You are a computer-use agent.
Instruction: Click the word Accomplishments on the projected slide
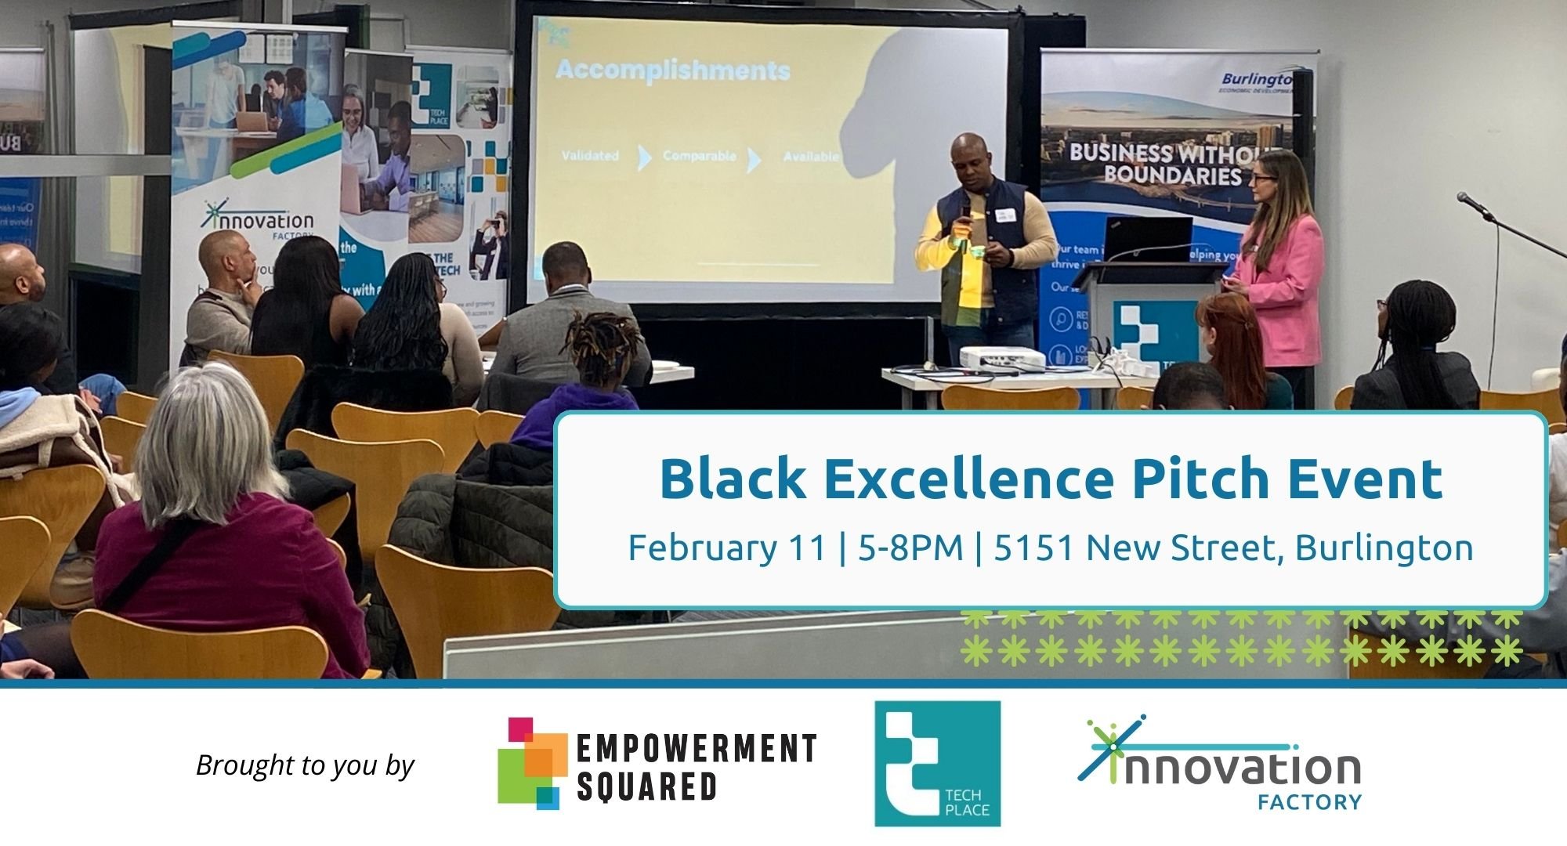[672, 71]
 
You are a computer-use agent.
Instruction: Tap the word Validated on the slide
[589, 156]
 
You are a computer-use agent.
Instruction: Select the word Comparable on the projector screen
[699, 156]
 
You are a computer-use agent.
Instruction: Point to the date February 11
[726, 548]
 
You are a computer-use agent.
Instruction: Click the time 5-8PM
[910, 548]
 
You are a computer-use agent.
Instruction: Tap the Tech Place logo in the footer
[938, 763]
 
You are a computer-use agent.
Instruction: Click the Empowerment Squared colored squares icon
[531, 762]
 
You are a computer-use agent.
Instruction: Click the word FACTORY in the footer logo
[1309, 802]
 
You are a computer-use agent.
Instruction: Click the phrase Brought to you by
[305, 765]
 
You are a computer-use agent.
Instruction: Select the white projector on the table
[1002, 358]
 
